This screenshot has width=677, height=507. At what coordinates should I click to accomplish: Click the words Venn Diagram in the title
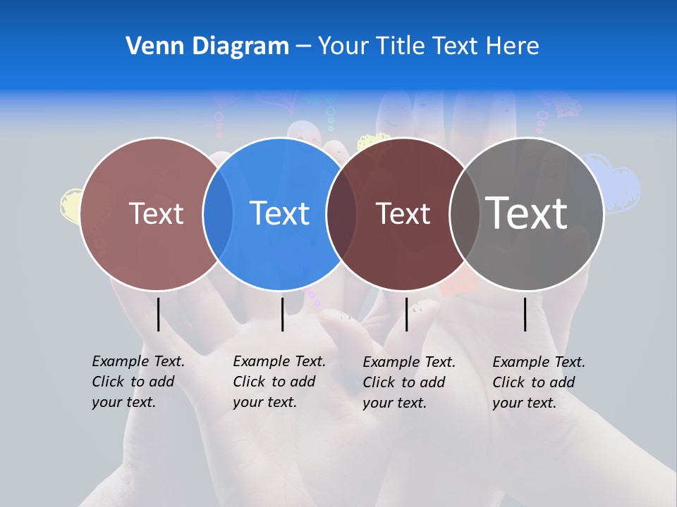coord(207,46)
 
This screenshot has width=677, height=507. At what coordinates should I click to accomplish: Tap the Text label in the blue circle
coord(279,213)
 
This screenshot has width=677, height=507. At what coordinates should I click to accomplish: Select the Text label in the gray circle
coord(527,213)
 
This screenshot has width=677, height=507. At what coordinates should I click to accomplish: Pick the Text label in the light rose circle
coord(156,213)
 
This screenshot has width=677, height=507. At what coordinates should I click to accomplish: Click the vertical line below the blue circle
coord(282,314)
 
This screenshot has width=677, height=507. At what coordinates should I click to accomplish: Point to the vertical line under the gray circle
coord(525,314)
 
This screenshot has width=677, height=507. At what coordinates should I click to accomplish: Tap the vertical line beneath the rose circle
coord(158,314)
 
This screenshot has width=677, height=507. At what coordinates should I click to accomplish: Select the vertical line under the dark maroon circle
coord(406,314)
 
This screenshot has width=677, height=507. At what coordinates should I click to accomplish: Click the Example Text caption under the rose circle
coord(138,382)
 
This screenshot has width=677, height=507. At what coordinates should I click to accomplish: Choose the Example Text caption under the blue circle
coord(279,382)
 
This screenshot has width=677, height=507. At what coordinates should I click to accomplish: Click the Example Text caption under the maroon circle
coord(408,382)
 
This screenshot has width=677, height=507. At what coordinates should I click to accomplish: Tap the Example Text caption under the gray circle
coord(538,382)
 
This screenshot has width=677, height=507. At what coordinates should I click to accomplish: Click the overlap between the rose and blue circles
coord(218,213)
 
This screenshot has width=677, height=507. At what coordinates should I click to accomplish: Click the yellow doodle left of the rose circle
coord(70,206)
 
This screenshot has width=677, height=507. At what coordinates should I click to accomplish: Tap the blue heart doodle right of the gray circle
coord(621,187)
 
